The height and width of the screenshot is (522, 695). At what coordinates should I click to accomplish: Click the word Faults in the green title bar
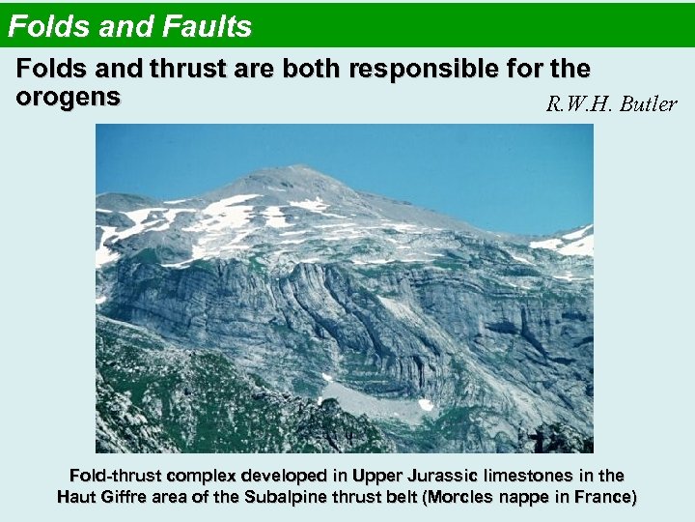[x=208, y=26]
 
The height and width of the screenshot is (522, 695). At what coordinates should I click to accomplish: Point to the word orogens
[x=68, y=97]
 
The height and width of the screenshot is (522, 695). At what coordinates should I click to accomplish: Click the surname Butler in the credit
[x=649, y=103]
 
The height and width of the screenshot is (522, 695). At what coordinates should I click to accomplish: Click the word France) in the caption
[x=605, y=497]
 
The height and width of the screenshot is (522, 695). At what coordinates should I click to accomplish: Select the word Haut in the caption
[x=76, y=497]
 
